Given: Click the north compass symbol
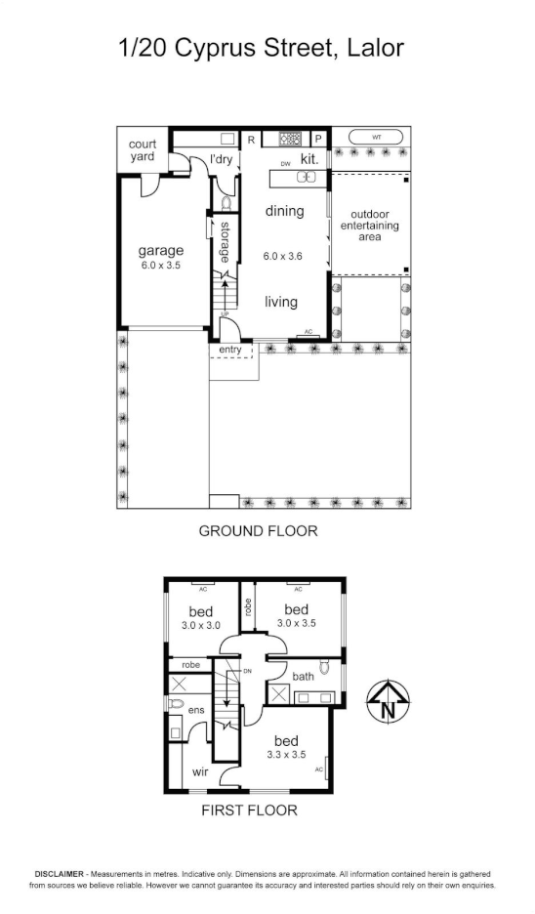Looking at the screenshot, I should coord(388,701).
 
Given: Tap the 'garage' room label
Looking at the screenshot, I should coord(161,251).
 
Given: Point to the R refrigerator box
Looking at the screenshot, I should coord(251,139).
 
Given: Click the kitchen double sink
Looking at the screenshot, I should coord(309,177).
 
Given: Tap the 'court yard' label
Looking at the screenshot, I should coord(143,151).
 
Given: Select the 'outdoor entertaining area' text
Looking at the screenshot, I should coord(368,226).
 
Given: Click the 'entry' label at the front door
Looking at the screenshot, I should coord(230,350).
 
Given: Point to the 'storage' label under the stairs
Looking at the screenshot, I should coord(224,242).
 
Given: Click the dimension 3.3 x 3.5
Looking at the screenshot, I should coord(287,755).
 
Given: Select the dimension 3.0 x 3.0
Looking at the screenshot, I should coord(201,625).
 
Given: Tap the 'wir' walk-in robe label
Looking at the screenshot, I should coord(200,771).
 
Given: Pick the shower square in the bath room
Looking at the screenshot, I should coord(278,695).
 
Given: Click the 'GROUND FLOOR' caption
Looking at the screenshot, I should coord(258,531).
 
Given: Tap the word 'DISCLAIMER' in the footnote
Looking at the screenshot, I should coord(61,874).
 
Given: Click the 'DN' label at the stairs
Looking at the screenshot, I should coord(248,671).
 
